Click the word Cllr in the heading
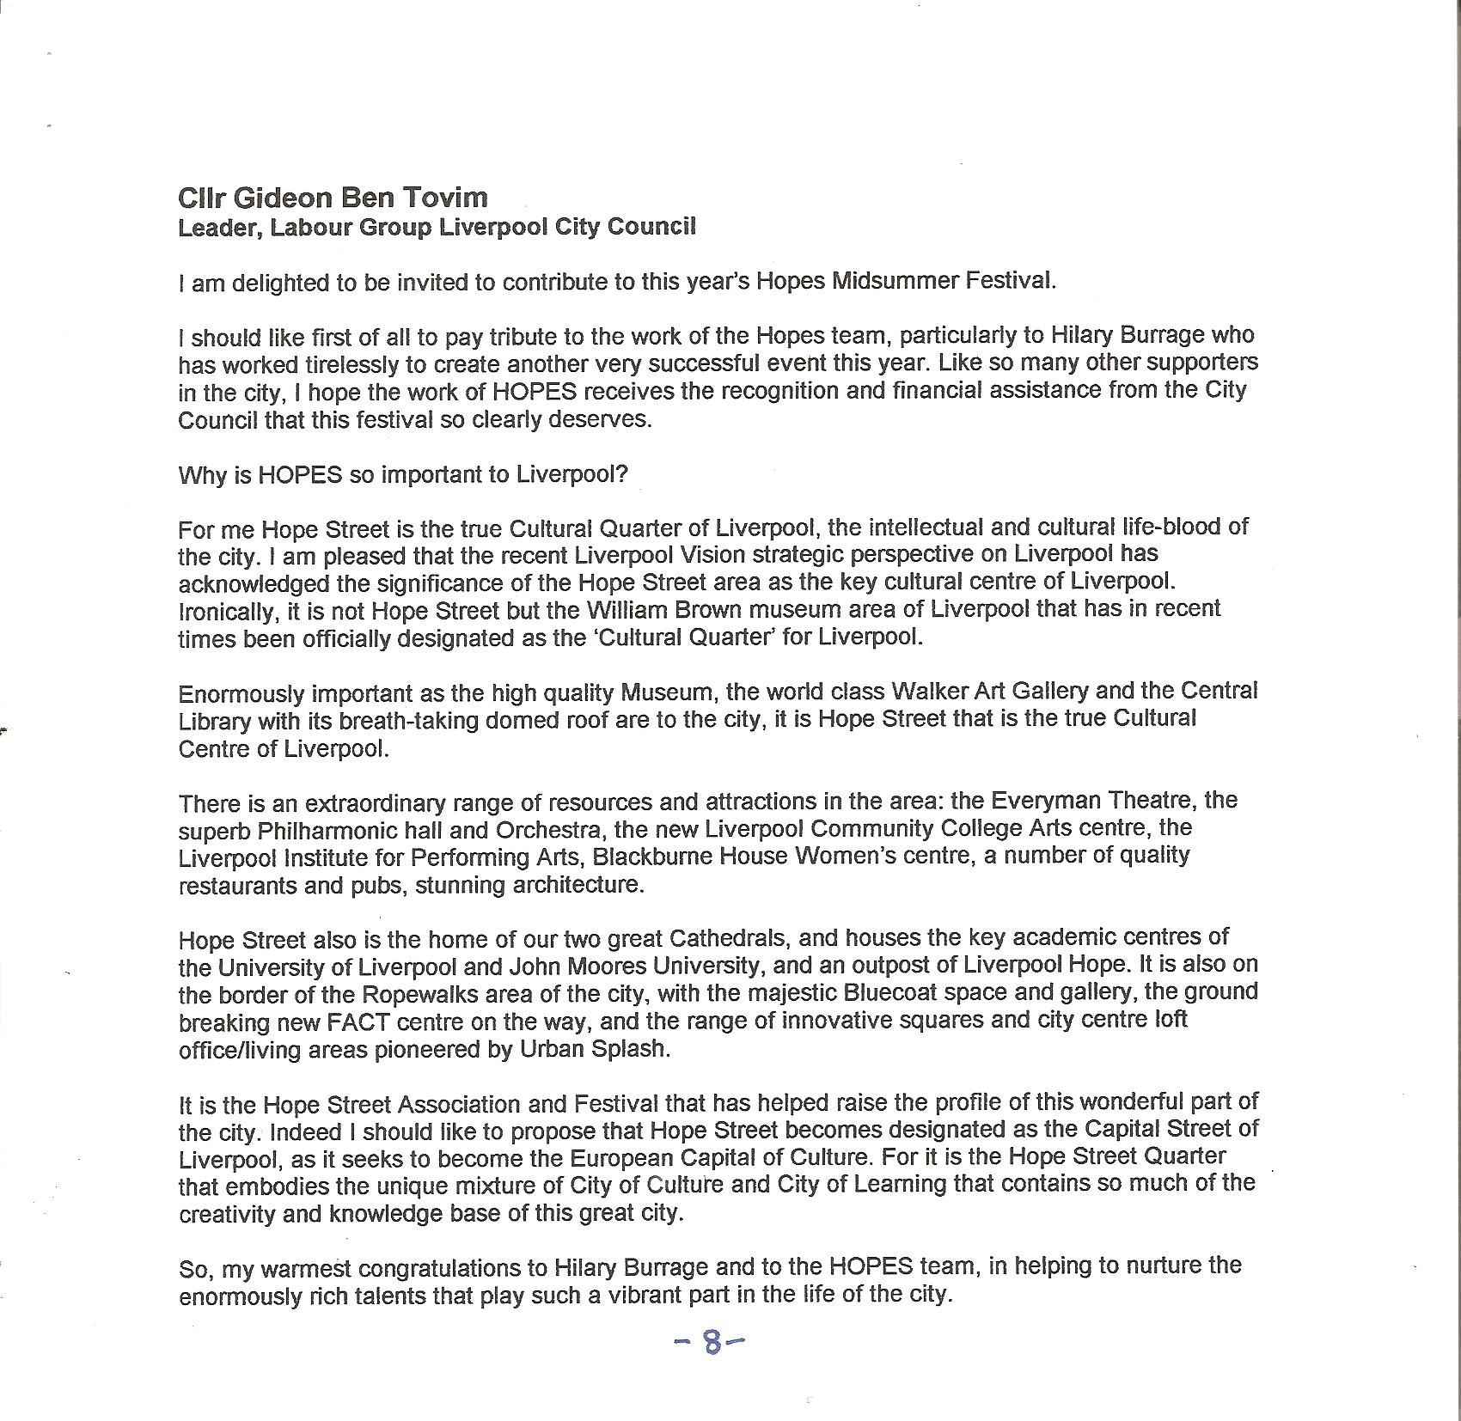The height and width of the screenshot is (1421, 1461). click(202, 198)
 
